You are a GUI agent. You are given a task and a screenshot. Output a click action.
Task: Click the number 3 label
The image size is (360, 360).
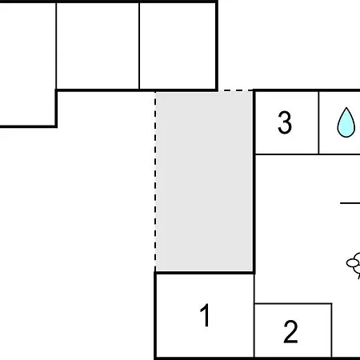[285, 122]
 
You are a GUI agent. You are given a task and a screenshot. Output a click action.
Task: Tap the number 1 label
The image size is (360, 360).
[206, 315]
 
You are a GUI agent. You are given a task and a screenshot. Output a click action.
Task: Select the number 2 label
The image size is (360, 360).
[290, 331]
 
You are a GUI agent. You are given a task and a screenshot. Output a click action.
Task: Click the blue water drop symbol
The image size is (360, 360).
[346, 122]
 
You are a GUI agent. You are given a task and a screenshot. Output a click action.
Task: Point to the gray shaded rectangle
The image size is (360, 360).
[204, 182]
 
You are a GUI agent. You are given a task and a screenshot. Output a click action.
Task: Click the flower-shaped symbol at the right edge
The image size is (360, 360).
[354, 265]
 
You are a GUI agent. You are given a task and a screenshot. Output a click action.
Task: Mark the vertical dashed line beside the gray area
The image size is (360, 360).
[155, 182]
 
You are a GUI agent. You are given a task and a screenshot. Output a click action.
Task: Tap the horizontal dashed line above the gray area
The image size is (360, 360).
[235, 90]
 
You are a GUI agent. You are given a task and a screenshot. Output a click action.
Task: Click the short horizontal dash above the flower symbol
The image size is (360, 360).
[350, 203]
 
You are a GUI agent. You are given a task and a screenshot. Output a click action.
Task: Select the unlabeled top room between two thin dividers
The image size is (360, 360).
[98, 46]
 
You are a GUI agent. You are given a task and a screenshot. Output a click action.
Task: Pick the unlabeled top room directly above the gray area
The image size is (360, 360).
[178, 46]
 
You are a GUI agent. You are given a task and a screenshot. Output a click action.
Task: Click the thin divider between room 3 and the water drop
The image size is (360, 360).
[318, 122]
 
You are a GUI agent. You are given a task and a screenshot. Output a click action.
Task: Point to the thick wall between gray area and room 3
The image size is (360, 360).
[254, 182]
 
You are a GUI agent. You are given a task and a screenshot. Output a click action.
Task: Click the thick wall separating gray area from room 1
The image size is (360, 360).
[205, 273]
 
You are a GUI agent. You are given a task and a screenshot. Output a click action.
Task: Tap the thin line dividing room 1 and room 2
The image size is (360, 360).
[254, 316]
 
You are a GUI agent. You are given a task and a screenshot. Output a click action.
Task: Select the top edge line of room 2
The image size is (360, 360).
[294, 303]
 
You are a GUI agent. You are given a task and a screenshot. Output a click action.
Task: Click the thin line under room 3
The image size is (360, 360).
[308, 154]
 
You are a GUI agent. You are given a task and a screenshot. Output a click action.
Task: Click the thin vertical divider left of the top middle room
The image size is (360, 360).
[56, 46]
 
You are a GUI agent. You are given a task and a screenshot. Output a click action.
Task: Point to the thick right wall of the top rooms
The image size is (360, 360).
[217, 46]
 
